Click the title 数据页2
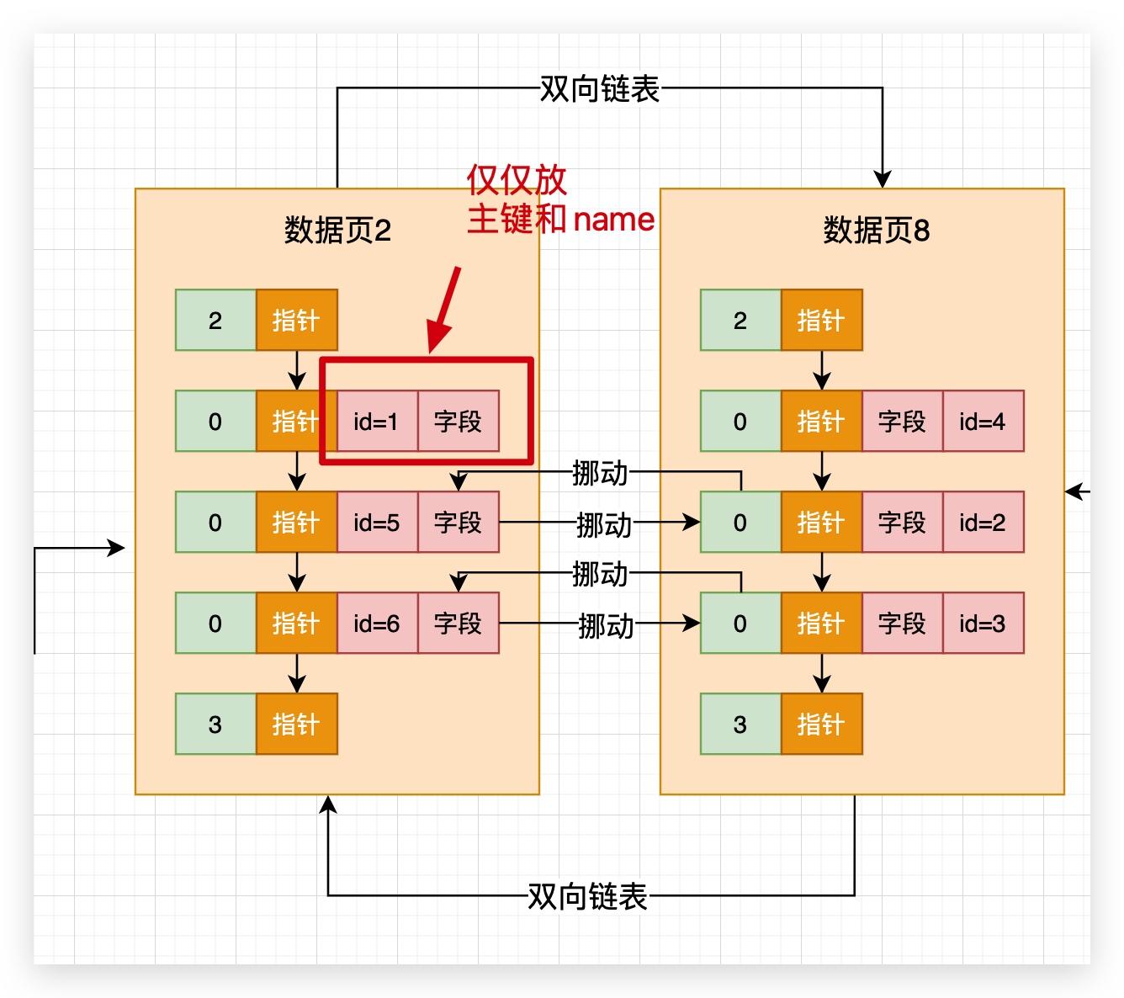pyautogui.click(x=337, y=230)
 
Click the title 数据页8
pyautogui.click(x=876, y=230)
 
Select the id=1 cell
pyautogui.click(x=376, y=421)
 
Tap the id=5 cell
pyautogui.click(x=376, y=523)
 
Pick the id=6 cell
pyautogui.click(x=376, y=624)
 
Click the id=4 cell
pyautogui.click(x=983, y=421)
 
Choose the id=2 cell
pyautogui.click(x=983, y=523)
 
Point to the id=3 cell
pyautogui.click(x=983, y=624)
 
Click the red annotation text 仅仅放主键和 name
pyautogui.click(x=559, y=200)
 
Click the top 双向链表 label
pyautogui.click(x=599, y=88)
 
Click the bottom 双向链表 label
pyautogui.click(x=587, y=896)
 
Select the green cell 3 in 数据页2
pyautogui.click(x=215, y=725)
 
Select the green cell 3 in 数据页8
pyautogui.click(x=740, y=725)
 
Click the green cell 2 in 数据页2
pyautogui.click(x=215, y=321)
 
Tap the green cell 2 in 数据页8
pyautogui.click(x=740, y=321)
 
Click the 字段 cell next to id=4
pyautogui.click(x=902, y=421)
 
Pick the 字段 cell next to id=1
pyautogui.click(x=458, y=421)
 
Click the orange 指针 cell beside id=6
pyautogui.click(x=296, y=624)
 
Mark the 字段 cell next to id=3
pyautogui.click(x=902, y=624)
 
